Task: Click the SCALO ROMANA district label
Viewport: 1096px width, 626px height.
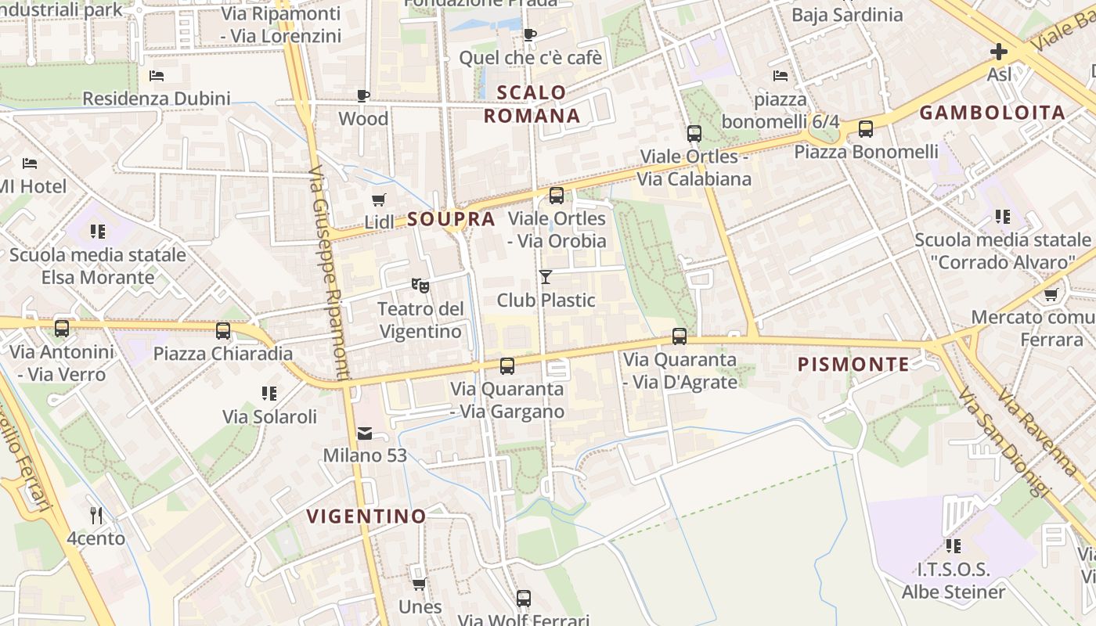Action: click(x=532, y=104)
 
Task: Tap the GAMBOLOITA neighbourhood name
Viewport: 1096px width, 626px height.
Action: click(x=992, y=112)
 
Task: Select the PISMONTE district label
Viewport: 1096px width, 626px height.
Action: click(x=853, y=364)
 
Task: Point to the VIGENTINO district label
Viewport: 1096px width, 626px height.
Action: click(x=366, y=516)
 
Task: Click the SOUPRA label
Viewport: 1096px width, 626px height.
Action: click(x=452, y=219)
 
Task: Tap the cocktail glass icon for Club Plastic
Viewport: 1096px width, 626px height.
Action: click(x=546, y=276)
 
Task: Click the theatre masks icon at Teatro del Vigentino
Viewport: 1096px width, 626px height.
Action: click(x=420, y=286)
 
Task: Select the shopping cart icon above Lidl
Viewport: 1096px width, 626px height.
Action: click(x=379, y=200)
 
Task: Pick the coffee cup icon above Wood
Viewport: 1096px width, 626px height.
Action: click(x=363, y=95)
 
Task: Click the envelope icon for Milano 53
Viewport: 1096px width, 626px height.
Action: click(x=365, y=433)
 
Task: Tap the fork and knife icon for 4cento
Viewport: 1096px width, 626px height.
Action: click(x=96, y=515)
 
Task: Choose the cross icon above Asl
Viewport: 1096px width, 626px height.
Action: click(x=999, y=52)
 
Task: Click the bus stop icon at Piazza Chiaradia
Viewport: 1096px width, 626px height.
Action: click(x=223, y=331)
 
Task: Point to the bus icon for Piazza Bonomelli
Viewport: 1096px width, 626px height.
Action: click(x=866, y=129)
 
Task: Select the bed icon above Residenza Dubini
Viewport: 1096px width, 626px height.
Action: click(x=157, y=76)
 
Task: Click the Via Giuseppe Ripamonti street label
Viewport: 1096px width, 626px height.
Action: click(x=328, y=274)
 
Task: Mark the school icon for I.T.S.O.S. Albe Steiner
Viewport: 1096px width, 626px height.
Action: click(x=953, y=546)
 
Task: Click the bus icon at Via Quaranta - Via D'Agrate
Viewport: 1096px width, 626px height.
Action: click(x=680, y=336)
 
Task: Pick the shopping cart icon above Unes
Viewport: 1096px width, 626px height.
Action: click(x=420, y=584)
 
